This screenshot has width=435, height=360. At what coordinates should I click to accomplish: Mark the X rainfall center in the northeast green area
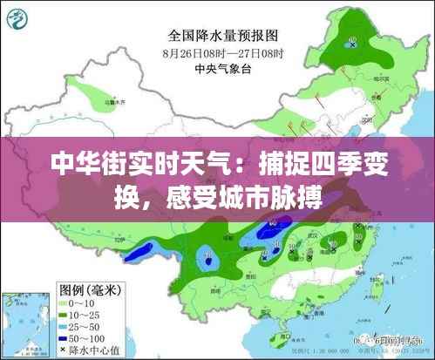(x=351, y=44)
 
